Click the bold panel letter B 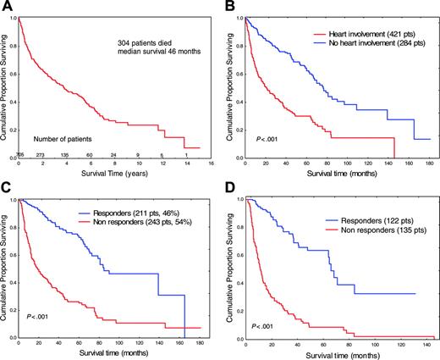[228, 7]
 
